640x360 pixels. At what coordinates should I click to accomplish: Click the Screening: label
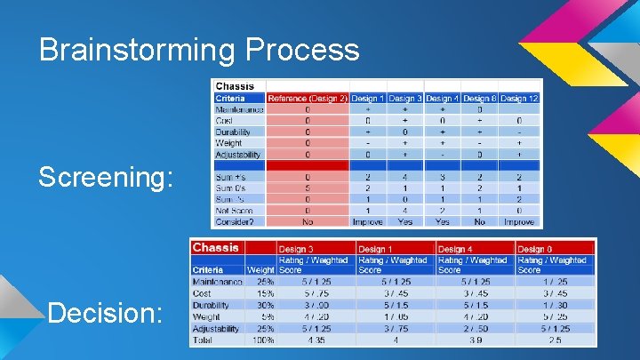point(105,178)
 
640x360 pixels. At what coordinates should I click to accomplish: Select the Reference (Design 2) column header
point(308,99)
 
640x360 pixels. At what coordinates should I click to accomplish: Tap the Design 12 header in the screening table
point(519,99)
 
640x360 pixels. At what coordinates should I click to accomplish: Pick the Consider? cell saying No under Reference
point(308,221)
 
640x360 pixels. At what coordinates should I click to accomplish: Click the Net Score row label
point(236,210)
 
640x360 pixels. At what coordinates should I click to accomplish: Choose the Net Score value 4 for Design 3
point(405,210)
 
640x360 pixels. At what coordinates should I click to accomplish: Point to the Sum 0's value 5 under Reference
point(308,188)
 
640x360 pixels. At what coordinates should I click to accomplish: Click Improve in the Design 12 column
point(519,221)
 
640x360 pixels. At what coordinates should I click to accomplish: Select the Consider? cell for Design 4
point(442,221)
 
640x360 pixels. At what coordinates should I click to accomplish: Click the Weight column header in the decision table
point(260,270)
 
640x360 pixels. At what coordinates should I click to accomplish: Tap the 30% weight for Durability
point(263,305)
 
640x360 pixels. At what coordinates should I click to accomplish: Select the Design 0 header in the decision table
point(536,249)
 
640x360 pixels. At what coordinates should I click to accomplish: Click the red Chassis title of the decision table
point(215,247)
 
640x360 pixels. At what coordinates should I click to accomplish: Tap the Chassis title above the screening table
point(235,87)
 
